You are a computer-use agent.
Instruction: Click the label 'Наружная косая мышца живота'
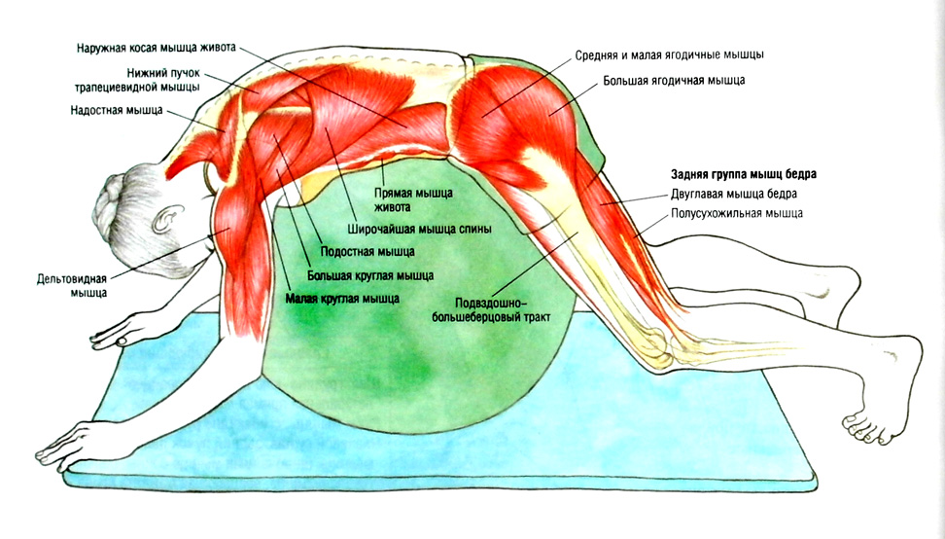coord(156,48)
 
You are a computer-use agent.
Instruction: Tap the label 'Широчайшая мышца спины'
coord(418,230)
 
